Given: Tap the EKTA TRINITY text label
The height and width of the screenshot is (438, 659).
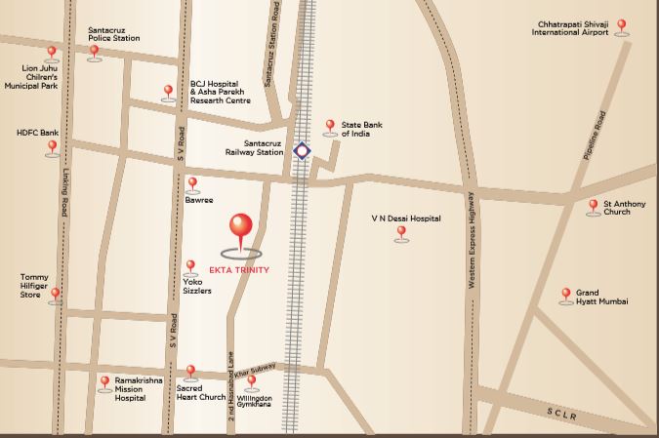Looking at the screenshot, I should point(240,270).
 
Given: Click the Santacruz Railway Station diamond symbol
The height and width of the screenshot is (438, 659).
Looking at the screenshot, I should point(302,151).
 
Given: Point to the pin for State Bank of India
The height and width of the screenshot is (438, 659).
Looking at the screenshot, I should point(329,127).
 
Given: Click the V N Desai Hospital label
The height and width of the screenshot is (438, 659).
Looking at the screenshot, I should point(405,219).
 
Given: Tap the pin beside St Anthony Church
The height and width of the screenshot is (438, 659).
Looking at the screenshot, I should point(593,206).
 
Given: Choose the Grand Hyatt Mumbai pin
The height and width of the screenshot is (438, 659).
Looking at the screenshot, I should point(565,294).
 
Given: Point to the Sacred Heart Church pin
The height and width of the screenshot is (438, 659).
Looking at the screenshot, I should point(190,372).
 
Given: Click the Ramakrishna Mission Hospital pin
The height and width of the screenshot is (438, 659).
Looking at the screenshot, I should point(104,382).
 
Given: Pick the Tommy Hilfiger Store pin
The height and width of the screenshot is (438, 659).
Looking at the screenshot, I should point(56,294).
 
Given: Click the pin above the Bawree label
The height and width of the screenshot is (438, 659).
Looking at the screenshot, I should point(192,183).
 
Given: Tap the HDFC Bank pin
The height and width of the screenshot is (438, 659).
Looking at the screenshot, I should point(53,147).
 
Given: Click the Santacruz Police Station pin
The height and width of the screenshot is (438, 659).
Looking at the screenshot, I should point(94,52).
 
